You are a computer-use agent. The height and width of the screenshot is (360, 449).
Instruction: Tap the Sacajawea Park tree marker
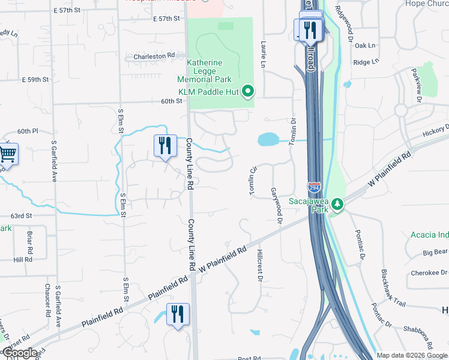point(338,205)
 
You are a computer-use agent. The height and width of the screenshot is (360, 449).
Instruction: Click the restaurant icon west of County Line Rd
point(164,146)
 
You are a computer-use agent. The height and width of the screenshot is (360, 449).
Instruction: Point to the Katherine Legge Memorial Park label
point(204,71)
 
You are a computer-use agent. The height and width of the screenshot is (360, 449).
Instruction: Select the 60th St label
point(171,101)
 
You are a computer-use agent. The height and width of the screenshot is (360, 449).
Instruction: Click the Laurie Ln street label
point(263,53)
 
